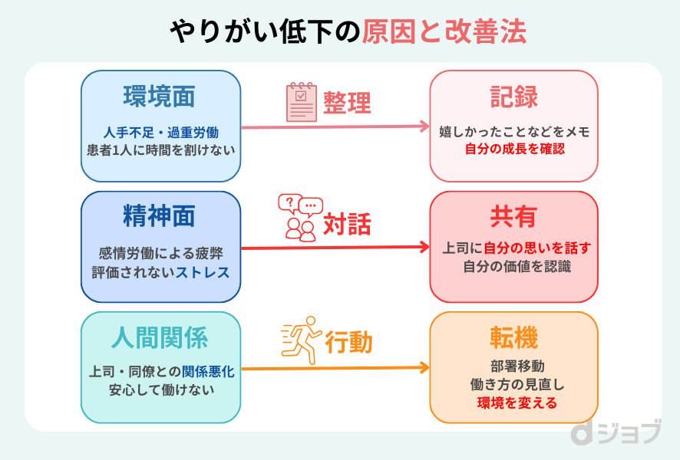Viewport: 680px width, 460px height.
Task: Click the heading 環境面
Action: (x=160, y=97)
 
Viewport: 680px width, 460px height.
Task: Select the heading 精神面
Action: (x=160, y=217)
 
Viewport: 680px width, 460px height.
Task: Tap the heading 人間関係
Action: (x=160, y=337)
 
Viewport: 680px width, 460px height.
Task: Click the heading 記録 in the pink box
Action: (x=513, y=97)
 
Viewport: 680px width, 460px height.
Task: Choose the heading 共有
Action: (x=513, y=217)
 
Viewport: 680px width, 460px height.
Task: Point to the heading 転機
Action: (x=513, y=337)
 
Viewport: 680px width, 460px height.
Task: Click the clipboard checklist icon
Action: (x=301, y=103)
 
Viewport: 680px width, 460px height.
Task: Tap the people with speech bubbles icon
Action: (x=300, y=218)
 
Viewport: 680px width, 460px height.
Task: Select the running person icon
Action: (x=299, y=338)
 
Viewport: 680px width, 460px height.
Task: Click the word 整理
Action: (x=347, y=103)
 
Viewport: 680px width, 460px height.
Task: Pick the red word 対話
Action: (x=347, y=224)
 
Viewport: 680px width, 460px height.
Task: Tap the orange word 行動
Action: (x=348, y=343)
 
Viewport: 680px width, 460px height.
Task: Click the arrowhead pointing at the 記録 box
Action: (x=425, y=127)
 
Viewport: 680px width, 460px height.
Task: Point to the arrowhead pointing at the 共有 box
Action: (x=425, y=248)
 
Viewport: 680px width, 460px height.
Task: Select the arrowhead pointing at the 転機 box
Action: (x=425, y=368)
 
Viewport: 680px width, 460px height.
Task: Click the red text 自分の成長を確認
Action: (x=513, y=149)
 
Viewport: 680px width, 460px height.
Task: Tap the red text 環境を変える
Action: (x=513, y=403)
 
